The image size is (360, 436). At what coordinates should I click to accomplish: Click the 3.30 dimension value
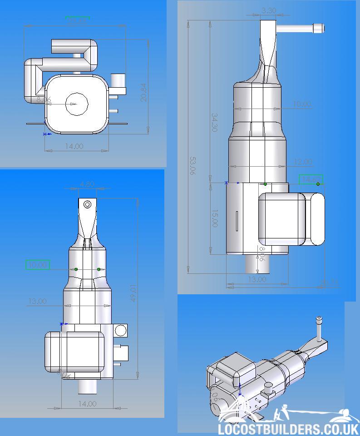(x=269, y=10)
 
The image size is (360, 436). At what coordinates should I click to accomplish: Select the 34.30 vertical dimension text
(x=214, y=121)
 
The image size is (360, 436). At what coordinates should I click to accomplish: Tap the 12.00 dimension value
(x=302, y=162)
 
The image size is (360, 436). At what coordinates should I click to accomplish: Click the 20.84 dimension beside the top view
(x=143, y=92)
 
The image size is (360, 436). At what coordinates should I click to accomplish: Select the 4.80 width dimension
(x=87, y=184)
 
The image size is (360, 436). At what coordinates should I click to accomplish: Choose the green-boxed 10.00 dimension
(x=38, y=265)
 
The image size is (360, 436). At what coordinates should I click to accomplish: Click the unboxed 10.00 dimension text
(x=302, y=104)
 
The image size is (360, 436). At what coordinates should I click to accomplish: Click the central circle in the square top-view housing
(x=76, y=104)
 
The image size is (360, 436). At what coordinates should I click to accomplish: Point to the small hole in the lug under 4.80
(x=88, y=205)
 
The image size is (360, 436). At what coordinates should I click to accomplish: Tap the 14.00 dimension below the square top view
(x=74, y=146)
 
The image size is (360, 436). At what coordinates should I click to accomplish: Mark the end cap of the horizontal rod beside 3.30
(x=320, y=29)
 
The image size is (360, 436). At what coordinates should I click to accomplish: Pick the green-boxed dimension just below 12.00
(x=311, y=179)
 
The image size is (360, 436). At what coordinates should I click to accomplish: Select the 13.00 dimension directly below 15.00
(x=256, y=279)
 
